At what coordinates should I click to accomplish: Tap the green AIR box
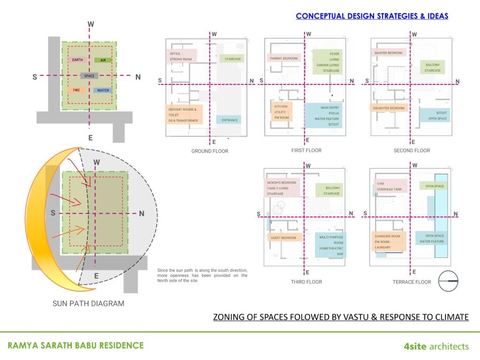(x=103, y=60)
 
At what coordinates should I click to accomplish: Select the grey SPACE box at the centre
(x=89, y=75)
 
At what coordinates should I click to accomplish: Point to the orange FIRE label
(x=76, y=90)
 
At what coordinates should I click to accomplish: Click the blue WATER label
(x=103, y=90)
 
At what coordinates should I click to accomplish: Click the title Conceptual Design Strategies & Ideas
(x=372, y=16)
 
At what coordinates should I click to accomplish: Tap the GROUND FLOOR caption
(x=210, y=151)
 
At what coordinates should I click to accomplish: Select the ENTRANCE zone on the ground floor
(x=229, y=120)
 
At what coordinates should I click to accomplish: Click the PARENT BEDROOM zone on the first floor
(x=283, y=58)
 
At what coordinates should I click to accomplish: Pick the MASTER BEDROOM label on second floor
(x=389, y=53)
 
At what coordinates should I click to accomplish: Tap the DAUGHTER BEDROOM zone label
(x=389, y=108)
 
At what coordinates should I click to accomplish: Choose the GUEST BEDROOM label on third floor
(x=283, y=238)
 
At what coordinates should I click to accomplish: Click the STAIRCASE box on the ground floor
(x=232, y=59)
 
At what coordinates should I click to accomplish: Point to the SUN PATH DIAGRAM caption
(x=88, y=303)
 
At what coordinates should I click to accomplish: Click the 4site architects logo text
(x=436, y=346)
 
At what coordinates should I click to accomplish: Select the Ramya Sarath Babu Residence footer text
(x=75, y=346)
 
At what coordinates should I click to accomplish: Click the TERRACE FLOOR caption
(x=412, y=282)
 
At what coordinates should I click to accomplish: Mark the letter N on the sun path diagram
(x=142, y=213)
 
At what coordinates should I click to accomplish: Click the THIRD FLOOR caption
(x=306, y=282)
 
